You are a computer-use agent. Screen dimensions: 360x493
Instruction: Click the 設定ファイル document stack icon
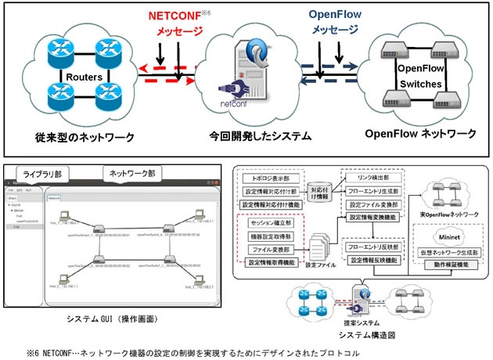321,244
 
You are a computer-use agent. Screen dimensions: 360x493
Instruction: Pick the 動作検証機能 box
449,264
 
